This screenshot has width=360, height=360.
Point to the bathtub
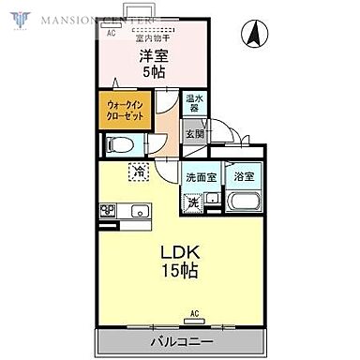pos(244,202)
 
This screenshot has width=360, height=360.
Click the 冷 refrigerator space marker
pos(138,172)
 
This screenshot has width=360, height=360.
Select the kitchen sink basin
pos(138,209)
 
